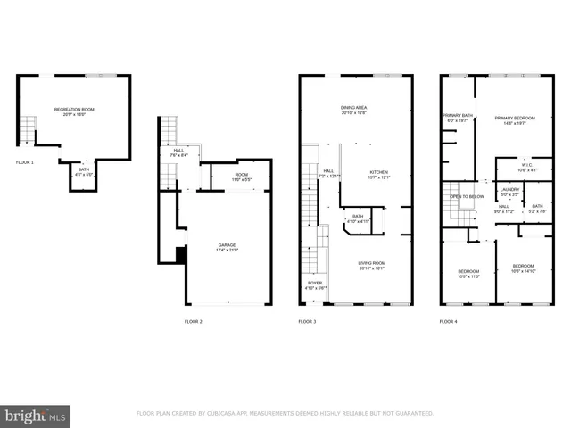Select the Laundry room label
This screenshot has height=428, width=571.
509,191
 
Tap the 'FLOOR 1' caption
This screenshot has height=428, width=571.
25,162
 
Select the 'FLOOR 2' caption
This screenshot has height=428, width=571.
194,321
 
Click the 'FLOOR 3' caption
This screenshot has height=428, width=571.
307,321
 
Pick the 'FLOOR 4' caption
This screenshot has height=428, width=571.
448,321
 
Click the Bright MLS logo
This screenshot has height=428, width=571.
36,416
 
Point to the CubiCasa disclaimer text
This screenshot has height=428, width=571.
285,414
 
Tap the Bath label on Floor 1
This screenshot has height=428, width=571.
84,171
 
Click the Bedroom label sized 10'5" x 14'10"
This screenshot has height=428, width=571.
524,268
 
